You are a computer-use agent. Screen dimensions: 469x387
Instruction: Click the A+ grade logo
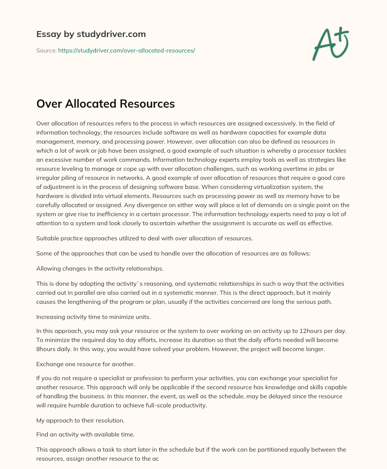(x=330, y=44)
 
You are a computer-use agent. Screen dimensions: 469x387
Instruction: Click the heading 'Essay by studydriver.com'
(x=91, y=34)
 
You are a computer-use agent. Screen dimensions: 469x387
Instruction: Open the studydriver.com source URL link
(x=127, y=50)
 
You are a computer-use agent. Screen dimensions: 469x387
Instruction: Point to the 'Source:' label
(x=46, y=50)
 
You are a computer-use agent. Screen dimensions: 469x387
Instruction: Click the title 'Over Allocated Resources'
(x=105, y=104)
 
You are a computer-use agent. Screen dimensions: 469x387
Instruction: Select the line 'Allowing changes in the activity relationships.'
(x=100, y=268)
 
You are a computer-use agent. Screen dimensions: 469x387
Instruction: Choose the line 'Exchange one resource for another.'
(x=85, y=364)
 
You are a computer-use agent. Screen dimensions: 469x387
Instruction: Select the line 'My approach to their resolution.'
(x=80, y=420)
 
